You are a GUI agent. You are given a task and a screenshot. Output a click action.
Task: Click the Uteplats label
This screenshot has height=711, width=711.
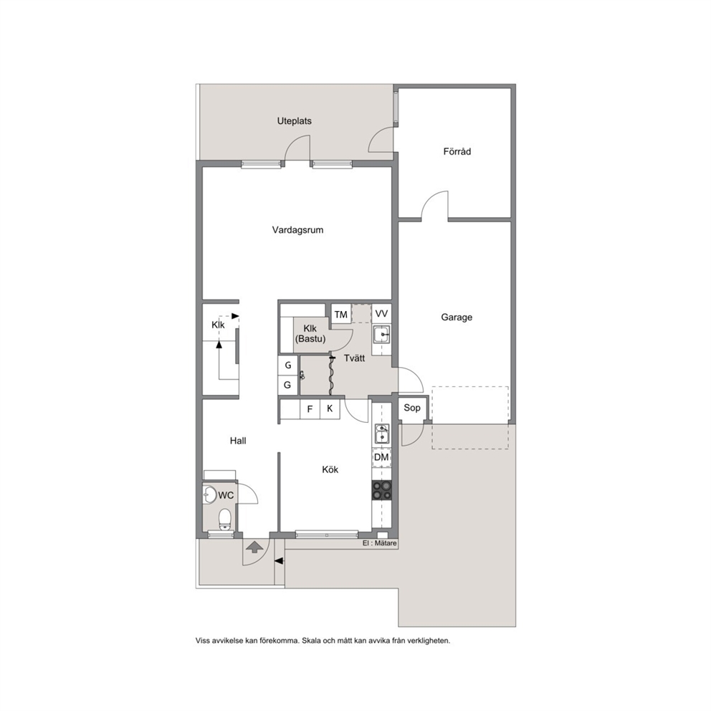[295, 121]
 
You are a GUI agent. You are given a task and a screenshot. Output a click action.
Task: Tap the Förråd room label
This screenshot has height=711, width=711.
[457, 151]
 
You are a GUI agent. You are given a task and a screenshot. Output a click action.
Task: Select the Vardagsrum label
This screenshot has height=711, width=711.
[297, 230]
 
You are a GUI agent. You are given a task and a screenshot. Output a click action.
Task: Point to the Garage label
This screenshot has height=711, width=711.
[457, 318]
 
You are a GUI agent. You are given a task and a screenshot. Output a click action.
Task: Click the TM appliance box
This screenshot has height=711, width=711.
[341, 314]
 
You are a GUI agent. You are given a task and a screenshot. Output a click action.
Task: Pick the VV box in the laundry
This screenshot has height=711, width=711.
[381, 314]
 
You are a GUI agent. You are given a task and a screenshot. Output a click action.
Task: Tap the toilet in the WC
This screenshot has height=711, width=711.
[225, 520]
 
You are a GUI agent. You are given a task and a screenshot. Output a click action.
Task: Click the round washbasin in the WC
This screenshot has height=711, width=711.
[210, 495]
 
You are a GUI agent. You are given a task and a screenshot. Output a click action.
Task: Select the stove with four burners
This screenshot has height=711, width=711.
[381, 490]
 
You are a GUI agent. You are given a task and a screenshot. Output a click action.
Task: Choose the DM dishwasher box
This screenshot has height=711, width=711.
[381, 457]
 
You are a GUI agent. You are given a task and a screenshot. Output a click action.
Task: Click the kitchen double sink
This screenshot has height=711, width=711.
[382, 434]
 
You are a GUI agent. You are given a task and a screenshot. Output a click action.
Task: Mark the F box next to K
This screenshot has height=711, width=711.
[310, 409]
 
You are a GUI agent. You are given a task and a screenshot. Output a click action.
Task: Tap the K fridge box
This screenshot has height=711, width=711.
[330, 409]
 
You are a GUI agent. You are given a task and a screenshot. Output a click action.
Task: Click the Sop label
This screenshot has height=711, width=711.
[412, 408]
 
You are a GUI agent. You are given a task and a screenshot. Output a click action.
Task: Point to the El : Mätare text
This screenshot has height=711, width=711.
[380, 543]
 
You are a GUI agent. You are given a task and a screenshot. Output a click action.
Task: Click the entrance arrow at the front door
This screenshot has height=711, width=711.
[255, 547]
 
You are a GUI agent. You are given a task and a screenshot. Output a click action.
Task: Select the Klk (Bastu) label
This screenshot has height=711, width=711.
[310, 333]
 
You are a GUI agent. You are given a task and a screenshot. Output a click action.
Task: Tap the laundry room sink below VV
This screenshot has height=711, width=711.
[381, 335]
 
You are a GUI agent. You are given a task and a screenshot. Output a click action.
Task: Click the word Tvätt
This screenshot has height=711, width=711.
[355, 358]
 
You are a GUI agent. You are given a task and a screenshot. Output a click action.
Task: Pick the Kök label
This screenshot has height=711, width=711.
[330, 469]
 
